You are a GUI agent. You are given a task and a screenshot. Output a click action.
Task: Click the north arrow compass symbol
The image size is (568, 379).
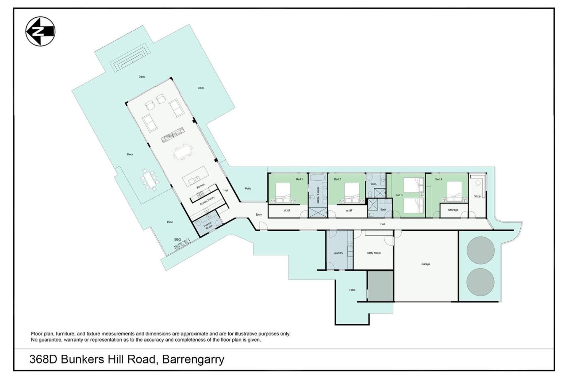click(x=40, y=31)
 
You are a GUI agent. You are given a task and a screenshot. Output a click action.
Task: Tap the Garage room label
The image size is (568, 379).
click(x=426, y=264)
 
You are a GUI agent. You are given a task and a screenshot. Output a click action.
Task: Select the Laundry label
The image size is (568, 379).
click(x=338, y=253)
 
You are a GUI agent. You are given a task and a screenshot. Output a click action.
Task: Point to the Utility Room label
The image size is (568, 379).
click(x=374, y=253)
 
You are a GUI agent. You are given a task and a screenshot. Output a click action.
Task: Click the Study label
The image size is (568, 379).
click(x=477, y=196)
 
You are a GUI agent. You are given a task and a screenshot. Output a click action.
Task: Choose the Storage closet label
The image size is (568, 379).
click(x=453, y=210)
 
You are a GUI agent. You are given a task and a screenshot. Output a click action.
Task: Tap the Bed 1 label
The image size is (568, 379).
click(x=299, y=179)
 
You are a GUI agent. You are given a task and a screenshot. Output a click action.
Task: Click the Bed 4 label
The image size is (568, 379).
click(x=439, y=179)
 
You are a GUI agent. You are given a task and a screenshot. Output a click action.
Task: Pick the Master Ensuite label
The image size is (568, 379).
click(x=318, y=195)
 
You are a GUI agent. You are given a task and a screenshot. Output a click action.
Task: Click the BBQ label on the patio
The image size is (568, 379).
click(x=177, y=239)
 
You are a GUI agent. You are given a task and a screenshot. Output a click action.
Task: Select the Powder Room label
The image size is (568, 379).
click(x=208, y=225)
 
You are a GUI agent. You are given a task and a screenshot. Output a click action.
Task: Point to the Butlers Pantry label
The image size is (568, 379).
click(x=207, y=201)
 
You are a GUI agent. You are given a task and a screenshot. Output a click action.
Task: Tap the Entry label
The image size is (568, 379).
click(x=259, y=215)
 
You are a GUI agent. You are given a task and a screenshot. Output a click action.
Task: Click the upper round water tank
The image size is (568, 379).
click(x=480, y=250)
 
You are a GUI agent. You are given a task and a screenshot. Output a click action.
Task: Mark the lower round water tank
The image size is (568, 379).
click(x=480, y=282)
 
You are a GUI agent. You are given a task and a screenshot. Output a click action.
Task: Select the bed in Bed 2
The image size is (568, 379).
click(x=352, y=193)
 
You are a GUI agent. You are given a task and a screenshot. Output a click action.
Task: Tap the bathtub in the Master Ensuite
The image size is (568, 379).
click(x=318, y=178)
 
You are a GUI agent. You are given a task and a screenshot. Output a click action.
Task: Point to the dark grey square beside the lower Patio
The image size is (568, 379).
click(x=380, y=286)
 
